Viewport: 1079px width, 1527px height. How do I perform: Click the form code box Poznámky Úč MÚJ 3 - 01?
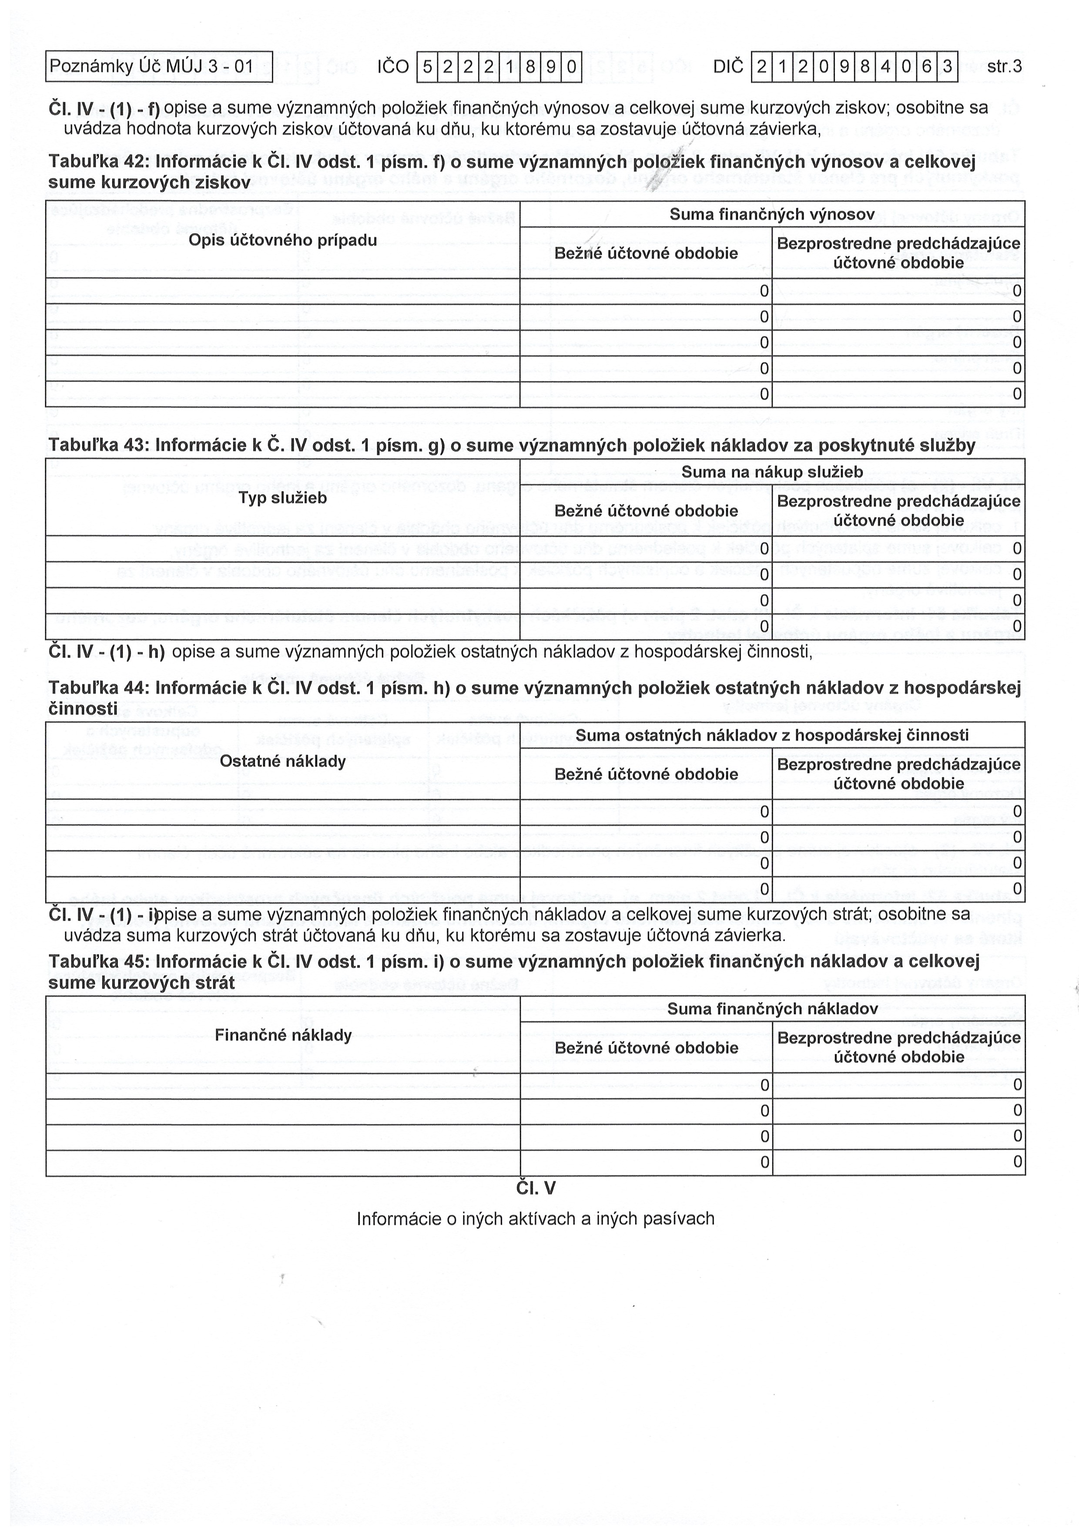[159, 67]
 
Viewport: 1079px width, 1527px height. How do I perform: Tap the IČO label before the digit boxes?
[392, 67]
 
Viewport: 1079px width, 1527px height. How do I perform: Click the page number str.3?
[1004, 67]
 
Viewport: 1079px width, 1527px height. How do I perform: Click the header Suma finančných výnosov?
[771, 214]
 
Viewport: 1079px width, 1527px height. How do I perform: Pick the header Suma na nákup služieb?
[771, 472]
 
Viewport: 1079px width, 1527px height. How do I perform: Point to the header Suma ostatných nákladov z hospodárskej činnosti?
[771, 735]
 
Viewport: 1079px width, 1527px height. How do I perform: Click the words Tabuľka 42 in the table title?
[98, 162]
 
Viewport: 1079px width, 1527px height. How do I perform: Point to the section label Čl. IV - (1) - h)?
[106, 652]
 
